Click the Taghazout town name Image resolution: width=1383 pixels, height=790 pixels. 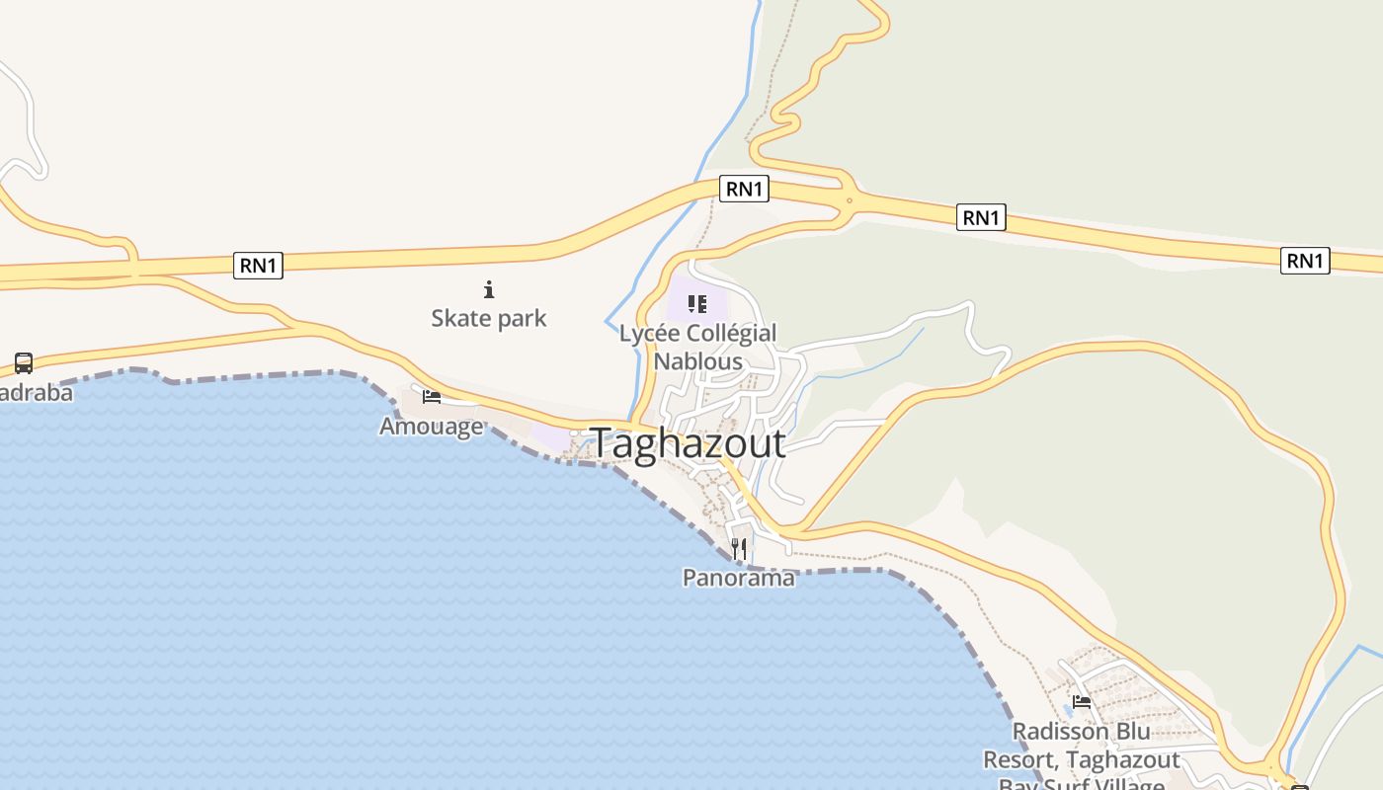click(x=688, y=443)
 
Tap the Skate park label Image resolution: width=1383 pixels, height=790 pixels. click(x=488, y=318)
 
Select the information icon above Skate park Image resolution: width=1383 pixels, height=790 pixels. click(x=488, y=289)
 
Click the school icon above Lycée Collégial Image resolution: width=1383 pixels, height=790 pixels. click(x=697, y=304)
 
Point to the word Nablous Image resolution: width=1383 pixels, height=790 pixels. click(x=697, y=361)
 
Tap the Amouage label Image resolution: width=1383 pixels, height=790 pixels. click(x=432, y=426)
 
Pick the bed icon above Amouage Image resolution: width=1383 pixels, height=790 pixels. click(x=432, y=397)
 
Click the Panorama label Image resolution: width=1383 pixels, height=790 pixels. click(x=739, y=578)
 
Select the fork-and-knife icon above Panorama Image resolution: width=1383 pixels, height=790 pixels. click(x=739, y=548)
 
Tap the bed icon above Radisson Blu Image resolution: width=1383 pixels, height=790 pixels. click(x=1082, y=702)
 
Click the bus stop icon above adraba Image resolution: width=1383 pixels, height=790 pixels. click(x=24, y=363)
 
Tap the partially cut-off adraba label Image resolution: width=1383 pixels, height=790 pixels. click(x=36, y=392)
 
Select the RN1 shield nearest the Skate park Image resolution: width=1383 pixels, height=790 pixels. click(x=258, y=265)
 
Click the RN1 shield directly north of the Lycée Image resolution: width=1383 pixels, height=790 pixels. click(x=745, y=189)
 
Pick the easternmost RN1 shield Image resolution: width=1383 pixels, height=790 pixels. click(x=1305, y=261)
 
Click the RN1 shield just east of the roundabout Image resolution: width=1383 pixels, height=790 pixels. click(x=981, y=217)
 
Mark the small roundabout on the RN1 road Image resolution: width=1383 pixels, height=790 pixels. click(x=849, y=200)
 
